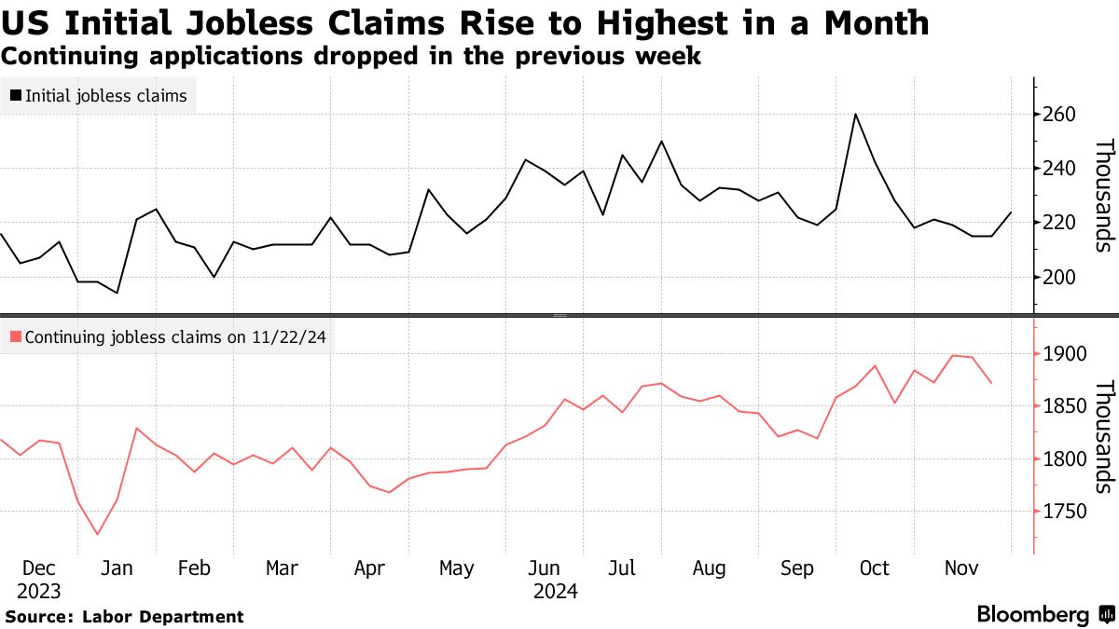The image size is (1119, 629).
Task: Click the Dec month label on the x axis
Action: coord(38,568)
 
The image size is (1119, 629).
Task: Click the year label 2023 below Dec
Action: coord(38,592)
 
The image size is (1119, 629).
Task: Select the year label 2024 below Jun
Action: coord(556,592)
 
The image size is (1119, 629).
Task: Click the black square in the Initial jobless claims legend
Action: coord(16,95)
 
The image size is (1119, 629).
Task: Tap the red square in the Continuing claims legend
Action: coord(16,337)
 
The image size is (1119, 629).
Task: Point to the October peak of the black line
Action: coord(855,114)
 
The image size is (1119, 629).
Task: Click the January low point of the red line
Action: coord(97,535)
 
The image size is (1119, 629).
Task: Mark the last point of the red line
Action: coord(991,383)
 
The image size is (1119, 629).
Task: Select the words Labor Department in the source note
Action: coord(163,617)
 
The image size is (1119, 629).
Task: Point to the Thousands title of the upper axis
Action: coord(1104,196)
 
